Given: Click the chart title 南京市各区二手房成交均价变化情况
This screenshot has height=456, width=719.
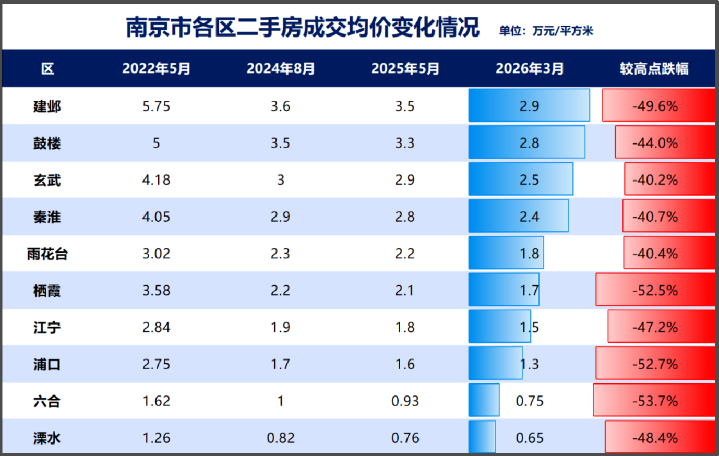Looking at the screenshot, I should [302, 28].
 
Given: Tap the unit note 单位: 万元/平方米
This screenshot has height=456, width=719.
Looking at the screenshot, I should [546, 31].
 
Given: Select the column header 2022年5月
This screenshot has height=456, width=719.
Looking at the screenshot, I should [156, 69].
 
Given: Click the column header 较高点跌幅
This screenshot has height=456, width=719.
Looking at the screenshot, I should [654, 69].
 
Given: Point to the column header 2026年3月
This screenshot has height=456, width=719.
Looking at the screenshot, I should [530, 69].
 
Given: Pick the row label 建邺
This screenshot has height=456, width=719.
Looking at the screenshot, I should [47, 106].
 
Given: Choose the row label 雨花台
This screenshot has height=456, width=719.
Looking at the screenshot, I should [47, 254].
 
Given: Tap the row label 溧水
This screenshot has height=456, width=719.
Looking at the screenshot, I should [47, 438].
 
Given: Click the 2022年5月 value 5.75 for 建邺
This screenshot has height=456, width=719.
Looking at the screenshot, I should [156, 106].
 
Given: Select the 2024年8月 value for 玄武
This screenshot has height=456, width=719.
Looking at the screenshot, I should [280, 180].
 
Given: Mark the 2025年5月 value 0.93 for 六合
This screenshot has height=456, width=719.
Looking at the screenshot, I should [405, 401].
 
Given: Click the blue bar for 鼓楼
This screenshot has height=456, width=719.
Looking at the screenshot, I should [526, 142].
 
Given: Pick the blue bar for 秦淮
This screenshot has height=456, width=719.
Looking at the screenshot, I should [518, 216].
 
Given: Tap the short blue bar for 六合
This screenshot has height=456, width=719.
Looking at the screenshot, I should [484, 401].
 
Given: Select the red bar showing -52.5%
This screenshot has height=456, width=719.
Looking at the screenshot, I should [655, 291].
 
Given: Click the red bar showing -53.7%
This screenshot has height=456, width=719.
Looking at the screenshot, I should [653, 401].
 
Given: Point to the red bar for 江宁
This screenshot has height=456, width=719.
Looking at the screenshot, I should [661, 327].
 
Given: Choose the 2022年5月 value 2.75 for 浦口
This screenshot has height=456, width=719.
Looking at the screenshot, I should [156, 364].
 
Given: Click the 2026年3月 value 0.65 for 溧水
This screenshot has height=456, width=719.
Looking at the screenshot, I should [530, 438].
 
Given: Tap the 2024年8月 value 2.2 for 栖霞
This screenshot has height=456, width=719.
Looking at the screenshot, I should [280, 291].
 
